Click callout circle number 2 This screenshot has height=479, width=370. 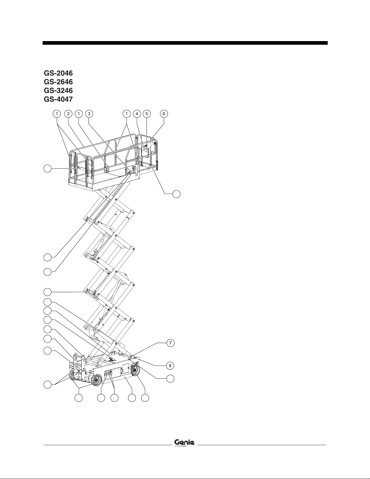coord(69,114)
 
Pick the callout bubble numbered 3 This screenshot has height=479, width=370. coord(88,114)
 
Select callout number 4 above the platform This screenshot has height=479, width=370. coord(137,114)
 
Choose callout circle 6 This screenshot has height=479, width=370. coord(164,114)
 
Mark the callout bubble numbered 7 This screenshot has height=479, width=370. coord(170,343)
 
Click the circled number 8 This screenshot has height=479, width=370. coord(170,365)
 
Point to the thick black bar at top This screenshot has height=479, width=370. coord(185,43)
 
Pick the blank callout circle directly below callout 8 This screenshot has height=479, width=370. coord(170,379)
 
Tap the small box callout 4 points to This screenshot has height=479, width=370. coord(145,148)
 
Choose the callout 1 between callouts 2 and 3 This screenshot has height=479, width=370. coord(79,114)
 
